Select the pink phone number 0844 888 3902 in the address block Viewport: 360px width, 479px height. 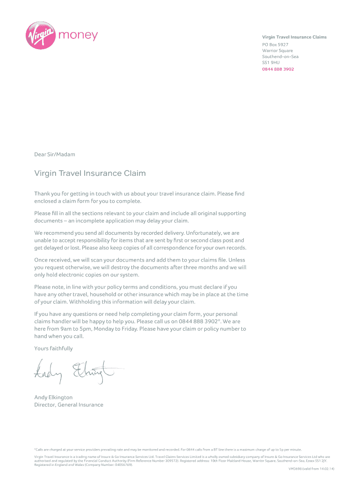[278, 69]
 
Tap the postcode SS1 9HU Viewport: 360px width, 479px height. [271, 63]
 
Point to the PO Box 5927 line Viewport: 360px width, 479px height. [275, 44]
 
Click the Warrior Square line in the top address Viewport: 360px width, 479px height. [277, 51]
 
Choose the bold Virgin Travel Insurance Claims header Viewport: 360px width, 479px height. [294, 37]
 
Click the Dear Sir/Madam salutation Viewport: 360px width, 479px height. [54, 154]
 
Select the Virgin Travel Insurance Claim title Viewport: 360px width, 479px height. [90, 174]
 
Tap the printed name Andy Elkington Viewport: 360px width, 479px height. [53, 397]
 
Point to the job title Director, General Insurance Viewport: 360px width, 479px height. [69, 405]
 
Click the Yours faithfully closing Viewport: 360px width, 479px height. [53, 348]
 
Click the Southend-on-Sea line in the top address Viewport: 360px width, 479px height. [280, 57]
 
